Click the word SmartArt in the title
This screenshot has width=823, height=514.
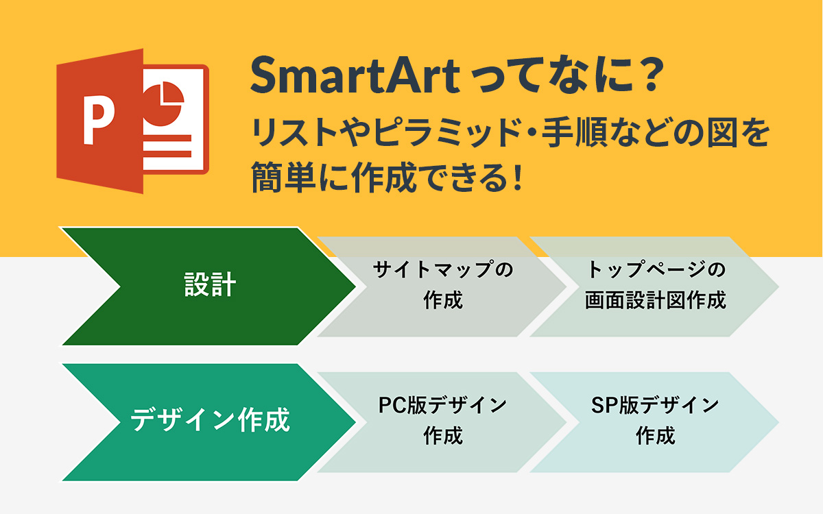pyautogui.click(x=355, y=76)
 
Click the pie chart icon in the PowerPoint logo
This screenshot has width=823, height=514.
pyautogui.click(x=163, y=104)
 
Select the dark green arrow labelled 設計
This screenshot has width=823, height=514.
pyautogui.click(x=208, y=286)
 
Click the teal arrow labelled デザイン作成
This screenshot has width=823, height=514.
pyautogui.click(x=208, y=422)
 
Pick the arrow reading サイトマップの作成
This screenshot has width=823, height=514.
pyautogui.click(x=442, y=286)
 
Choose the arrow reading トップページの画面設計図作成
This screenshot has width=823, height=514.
pyautogui.click(x=655, y=286)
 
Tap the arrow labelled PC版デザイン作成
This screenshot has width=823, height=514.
pyautogui.click(x=442, y=422)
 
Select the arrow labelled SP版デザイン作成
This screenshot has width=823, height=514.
pyautogui.click(x=655, y=422)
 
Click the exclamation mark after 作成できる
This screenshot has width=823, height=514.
pyautogui.click(x=518, y=178)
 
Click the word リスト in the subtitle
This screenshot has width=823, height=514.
pyautogui.click(x=295, y=132)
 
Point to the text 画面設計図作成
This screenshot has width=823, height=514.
pyautogui.click(x=656, y=300)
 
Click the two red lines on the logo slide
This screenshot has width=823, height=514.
pyautogui.click(x=167, y=146)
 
